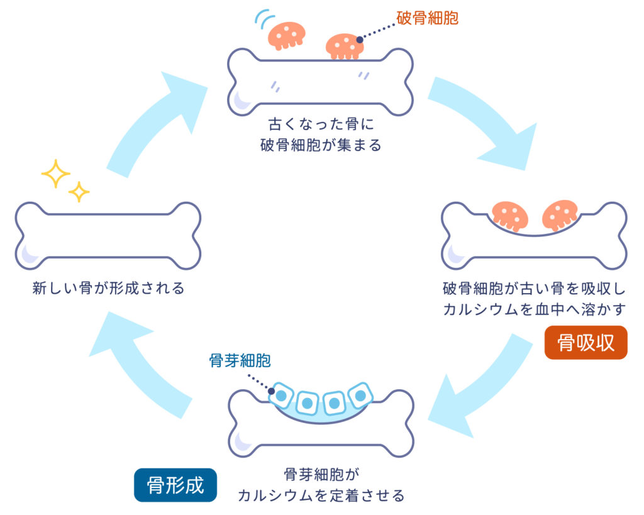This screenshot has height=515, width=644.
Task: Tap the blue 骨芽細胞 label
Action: point(240,360)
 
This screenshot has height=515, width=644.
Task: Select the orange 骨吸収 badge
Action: point(586,343)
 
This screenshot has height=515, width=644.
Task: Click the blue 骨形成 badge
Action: point(175,485)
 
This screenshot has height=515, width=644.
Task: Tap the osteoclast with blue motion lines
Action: point(286,35)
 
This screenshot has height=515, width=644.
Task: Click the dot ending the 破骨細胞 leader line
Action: point(360,40)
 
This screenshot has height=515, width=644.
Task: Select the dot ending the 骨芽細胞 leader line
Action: point(271,388)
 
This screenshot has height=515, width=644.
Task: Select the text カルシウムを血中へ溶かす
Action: point(535,309)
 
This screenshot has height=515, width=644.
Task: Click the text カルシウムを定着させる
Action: point(321,495)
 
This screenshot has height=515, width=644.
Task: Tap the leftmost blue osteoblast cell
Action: point(280,396)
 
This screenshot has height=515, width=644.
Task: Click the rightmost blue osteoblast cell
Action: point(360,395)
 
